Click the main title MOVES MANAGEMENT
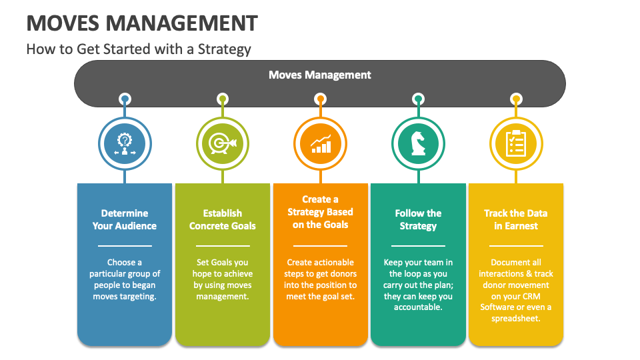click(x=142, y=23)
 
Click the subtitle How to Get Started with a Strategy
click(x=139, y=49)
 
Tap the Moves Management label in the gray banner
click(x=319, y=75)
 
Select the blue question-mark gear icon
click(x=125, y=144)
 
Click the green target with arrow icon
click(x=223, y=144)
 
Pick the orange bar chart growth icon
click(x=321, y=144)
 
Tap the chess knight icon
click(x=418, y=143)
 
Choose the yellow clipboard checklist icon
click(x=516, y=143)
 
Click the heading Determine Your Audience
click(x=125, y=219)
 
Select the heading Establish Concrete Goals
click(x=223, y=219)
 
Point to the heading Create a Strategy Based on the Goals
click(x=321, y=212)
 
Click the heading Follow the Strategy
click(x=418, y=219)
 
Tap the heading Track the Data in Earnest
click(x=516, y=219)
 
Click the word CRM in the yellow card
click(x=531, y=296)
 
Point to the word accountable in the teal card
click(x=418, y=307)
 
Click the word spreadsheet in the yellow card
click(x=516, y=319)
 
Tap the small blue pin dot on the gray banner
click(x=125, y=99)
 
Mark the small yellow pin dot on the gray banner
click(x=516, y=99)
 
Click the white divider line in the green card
click(x=223, y=246)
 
